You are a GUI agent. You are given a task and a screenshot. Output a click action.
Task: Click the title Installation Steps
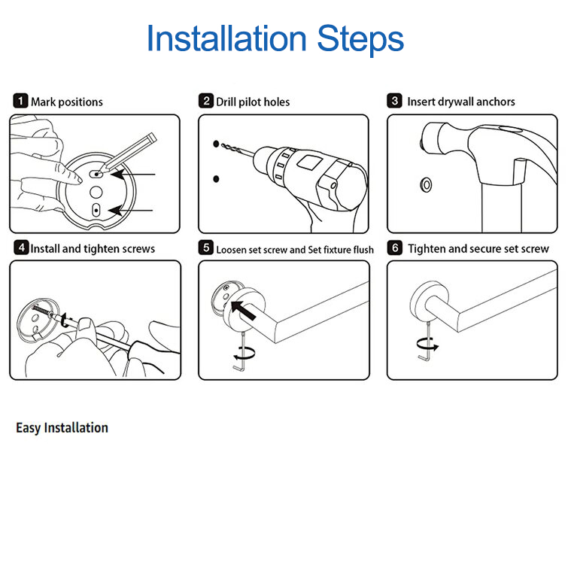[275, 38]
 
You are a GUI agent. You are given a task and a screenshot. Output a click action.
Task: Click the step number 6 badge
[395, 248]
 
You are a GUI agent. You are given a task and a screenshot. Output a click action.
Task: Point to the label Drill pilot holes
[252, 102]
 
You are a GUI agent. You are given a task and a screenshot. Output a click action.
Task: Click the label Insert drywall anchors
[460, 102]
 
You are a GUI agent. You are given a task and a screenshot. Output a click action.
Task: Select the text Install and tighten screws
[93, 248]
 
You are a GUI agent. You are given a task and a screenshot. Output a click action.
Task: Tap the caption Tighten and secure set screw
[478, 248]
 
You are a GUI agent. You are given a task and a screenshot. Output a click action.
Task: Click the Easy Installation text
[62, 427]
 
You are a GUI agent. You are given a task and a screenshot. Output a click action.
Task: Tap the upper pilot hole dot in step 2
[215, 143]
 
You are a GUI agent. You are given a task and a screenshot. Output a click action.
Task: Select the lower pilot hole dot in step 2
[215, 178]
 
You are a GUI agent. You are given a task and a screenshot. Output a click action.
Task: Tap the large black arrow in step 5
[245, 309]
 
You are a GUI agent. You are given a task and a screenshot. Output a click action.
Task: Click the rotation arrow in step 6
[427, 344]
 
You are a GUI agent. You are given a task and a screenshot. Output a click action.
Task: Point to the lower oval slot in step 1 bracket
[96, 210]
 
